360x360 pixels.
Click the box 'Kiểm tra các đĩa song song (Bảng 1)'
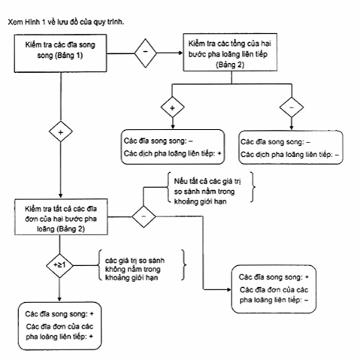click(60, 53)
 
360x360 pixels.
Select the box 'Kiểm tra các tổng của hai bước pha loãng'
click(230, 52)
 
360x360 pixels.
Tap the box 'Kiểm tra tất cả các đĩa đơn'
click(61, 217)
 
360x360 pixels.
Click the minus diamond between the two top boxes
click(146, 53)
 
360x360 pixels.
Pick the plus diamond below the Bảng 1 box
click(61, 132)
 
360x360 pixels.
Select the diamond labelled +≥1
click(59, 265)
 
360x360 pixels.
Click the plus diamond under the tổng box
click(172, 107)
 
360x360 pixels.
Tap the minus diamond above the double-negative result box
click(292, 107)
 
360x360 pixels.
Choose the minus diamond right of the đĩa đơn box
click(144, 216)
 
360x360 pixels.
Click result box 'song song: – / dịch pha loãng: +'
click(173, 147)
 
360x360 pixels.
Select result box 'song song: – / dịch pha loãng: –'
click(291, 147)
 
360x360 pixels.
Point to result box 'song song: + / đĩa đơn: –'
click(274, 289)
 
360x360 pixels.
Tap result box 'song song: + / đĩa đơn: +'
click(59, 326)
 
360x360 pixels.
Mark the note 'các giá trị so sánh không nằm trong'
click(142, 269)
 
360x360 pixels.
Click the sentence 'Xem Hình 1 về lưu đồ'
click(66, 22)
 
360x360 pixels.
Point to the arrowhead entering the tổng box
click(180, 53)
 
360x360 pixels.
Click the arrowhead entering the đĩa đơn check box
click(60, 196)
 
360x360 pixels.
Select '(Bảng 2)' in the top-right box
click(230, 65)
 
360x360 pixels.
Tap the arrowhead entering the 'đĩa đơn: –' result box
click(228, 289)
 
